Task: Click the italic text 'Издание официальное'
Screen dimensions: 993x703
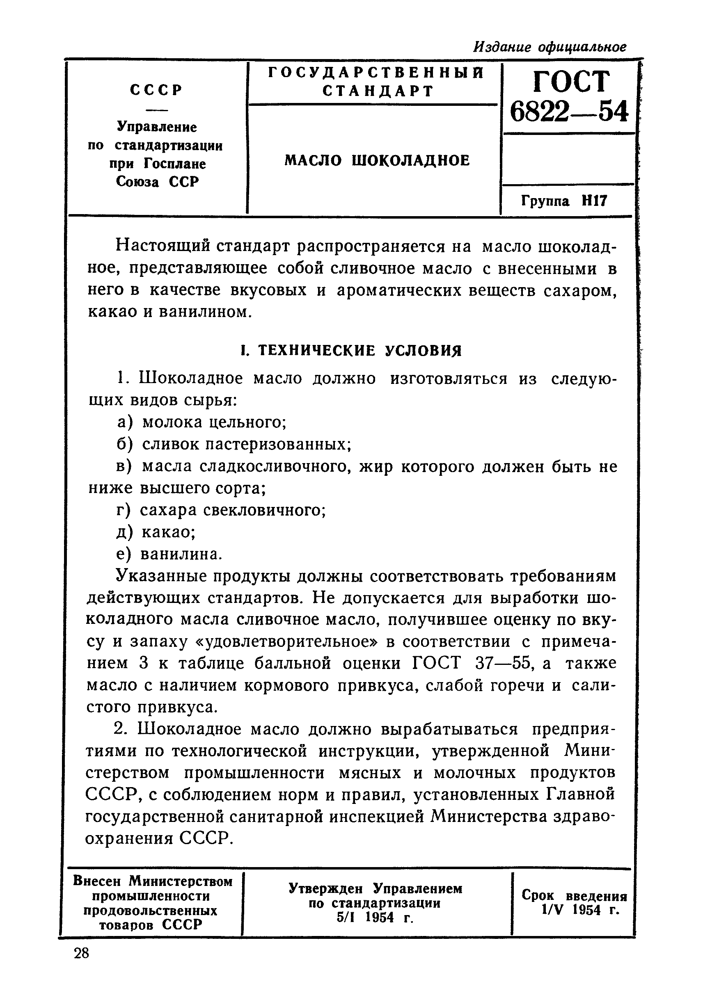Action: (x=550, y=46)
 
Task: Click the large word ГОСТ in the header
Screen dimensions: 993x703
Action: (x=571, y=81)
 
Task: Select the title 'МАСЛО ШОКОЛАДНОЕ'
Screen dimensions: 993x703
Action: (x=377, y=160)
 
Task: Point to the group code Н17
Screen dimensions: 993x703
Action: (x=594, y=200)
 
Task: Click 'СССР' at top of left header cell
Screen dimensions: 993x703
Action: (x=156, y=90)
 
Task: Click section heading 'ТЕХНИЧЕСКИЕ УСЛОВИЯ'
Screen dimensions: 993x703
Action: (x=359, y=350)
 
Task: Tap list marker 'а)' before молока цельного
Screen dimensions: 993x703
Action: (x=125, y=422)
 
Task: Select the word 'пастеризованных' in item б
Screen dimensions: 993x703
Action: (x=277, y=444)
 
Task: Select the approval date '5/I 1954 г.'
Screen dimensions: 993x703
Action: (x=375, y=917)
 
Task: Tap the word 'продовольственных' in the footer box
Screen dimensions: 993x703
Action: (x=150, y=911)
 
